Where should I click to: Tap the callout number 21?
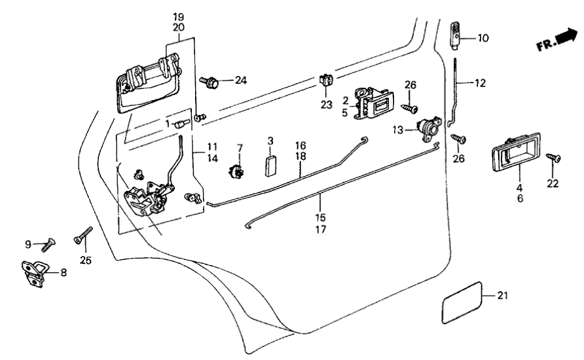coord(501,296)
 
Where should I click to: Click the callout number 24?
coord(241,81)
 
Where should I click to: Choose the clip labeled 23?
coord(326,82)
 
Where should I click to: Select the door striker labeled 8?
coord(34,272)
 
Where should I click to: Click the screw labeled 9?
coord(47,246)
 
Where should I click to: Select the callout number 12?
coord(480,83)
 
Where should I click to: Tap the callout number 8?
coord(63,273)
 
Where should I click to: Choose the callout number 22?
coord(553,184)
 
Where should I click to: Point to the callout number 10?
coord(482,38)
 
